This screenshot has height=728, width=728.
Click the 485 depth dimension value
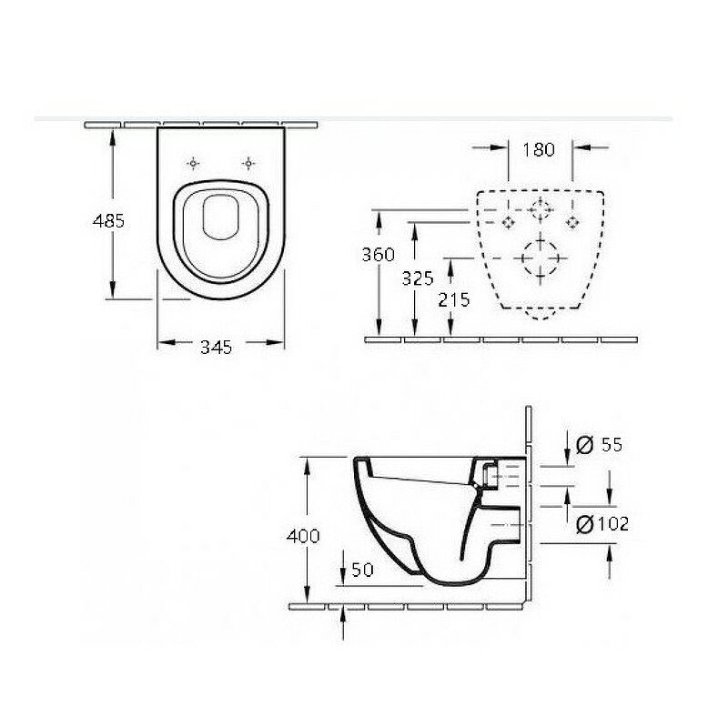[108, 220]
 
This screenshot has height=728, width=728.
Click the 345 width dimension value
[216, 347]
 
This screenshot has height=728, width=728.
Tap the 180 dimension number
[539, 149]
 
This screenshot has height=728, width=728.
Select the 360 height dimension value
[378, 255]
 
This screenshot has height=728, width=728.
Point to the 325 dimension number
[418, 278]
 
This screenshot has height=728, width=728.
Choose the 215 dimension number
[453, 300]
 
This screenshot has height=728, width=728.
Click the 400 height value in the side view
[303, 536]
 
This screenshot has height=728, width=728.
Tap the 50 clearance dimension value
[362, 570]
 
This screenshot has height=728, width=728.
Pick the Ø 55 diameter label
[599, 445]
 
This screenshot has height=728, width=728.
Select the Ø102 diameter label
[602, 524]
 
